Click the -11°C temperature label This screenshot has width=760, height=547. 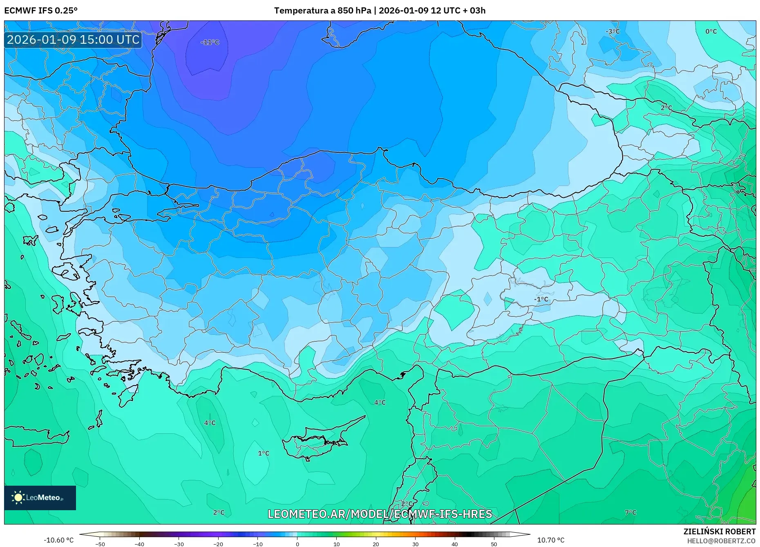click(x=210, y=42)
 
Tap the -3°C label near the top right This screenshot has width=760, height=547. click(x=612, y=31)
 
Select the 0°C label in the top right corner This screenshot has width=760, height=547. click(x=711, y=31)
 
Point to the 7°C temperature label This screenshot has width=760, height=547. click(x=630, y=512)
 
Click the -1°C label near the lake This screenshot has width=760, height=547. click(x=541, y=299)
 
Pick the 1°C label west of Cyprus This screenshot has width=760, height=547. click(x=264, y=453)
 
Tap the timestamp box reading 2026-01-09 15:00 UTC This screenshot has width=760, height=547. click(x=73, y=40)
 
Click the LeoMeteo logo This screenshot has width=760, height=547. click(x=40, y=498)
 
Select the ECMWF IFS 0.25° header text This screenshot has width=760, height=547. click(x=41, y=11)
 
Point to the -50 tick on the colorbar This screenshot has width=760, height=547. click(x=100, y=544)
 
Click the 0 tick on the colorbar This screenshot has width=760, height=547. click(x=297, y=544)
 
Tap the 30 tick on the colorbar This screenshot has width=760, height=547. click(x=415, y=544)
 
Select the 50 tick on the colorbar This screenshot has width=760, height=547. click(x=494, y=544)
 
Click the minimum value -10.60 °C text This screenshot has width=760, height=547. click(x=59, y=540)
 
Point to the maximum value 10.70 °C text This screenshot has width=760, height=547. click(x=550, y=540)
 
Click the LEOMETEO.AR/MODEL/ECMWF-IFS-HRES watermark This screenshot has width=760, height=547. click(x=380, y=514)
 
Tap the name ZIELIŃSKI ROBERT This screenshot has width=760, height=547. click(x=719, y=531)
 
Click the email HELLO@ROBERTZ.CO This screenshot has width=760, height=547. click(x=721, y=541)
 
